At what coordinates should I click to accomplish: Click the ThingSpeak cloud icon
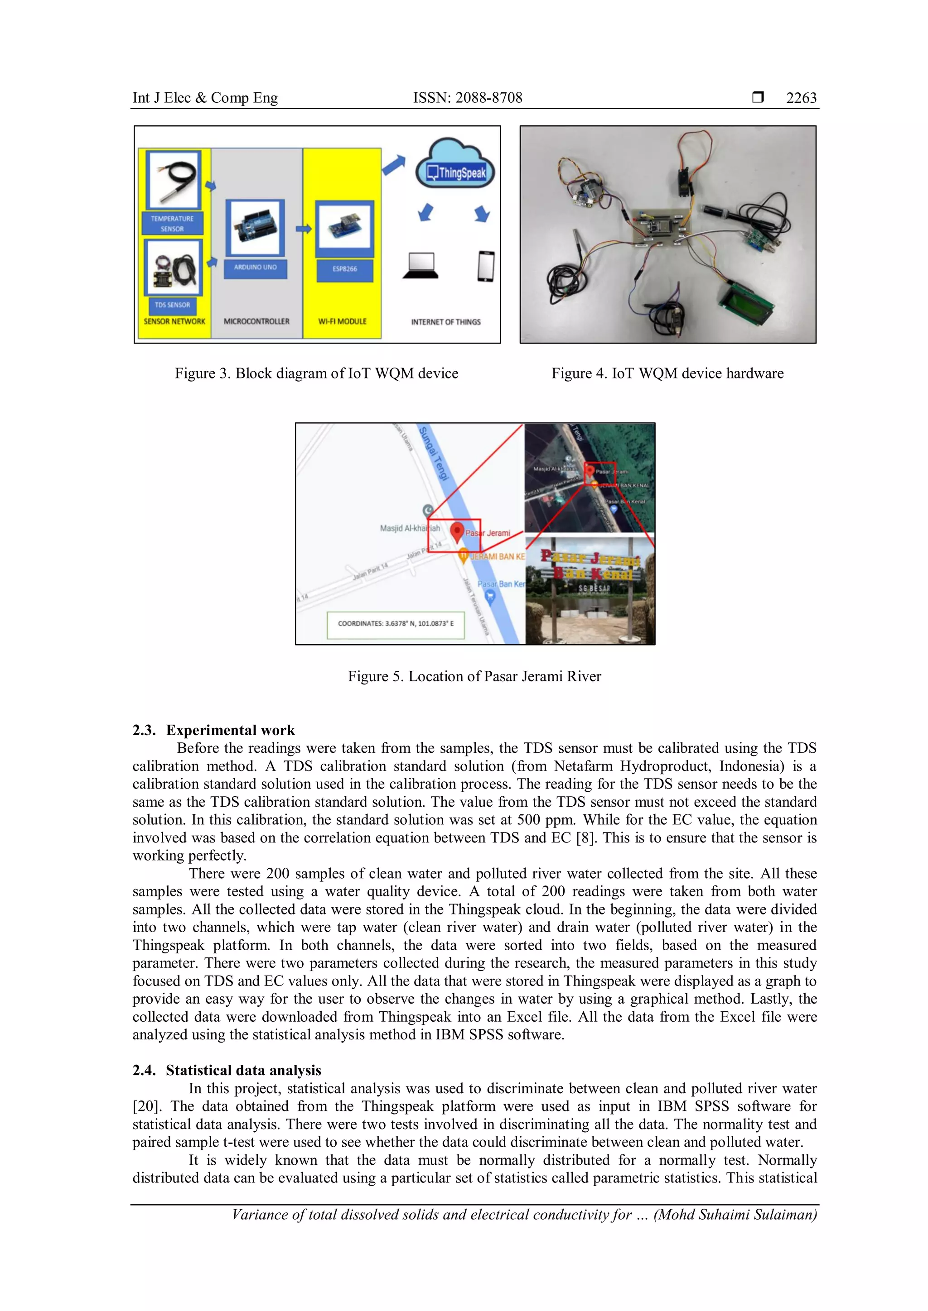point(455,166)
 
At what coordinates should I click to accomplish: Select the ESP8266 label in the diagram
point(344,269)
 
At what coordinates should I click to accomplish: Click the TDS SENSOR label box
point(172,305)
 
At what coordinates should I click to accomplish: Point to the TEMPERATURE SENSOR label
point(172,224)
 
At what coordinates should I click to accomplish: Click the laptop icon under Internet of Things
point(420,266)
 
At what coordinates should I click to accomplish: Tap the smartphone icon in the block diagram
point(485,266)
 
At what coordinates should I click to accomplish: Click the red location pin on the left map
point(457,531)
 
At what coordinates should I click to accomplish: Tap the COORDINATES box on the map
point(396,624)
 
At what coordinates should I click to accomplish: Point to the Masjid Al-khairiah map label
point(410,528)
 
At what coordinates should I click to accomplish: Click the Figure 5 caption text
point(474,677)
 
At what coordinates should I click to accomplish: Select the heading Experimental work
point(230,730)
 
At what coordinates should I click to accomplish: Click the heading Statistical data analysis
point(243,1070)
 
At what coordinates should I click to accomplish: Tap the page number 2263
point(801,98)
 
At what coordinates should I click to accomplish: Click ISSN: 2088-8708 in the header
point(468,98)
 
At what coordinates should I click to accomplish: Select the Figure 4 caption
point(667,373)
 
